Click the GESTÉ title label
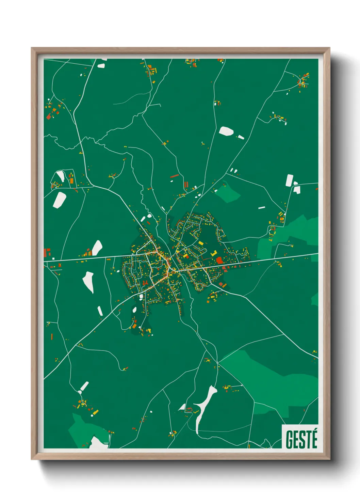coord(301,439)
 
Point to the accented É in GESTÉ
coord(314,439)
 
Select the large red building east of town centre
coord(219,261)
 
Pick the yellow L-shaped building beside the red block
coord(214,253)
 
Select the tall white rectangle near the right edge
coord(289,180)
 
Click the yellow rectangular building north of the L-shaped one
coord(201,243)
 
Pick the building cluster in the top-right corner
coord(302,81)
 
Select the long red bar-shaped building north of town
coord(174,176)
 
